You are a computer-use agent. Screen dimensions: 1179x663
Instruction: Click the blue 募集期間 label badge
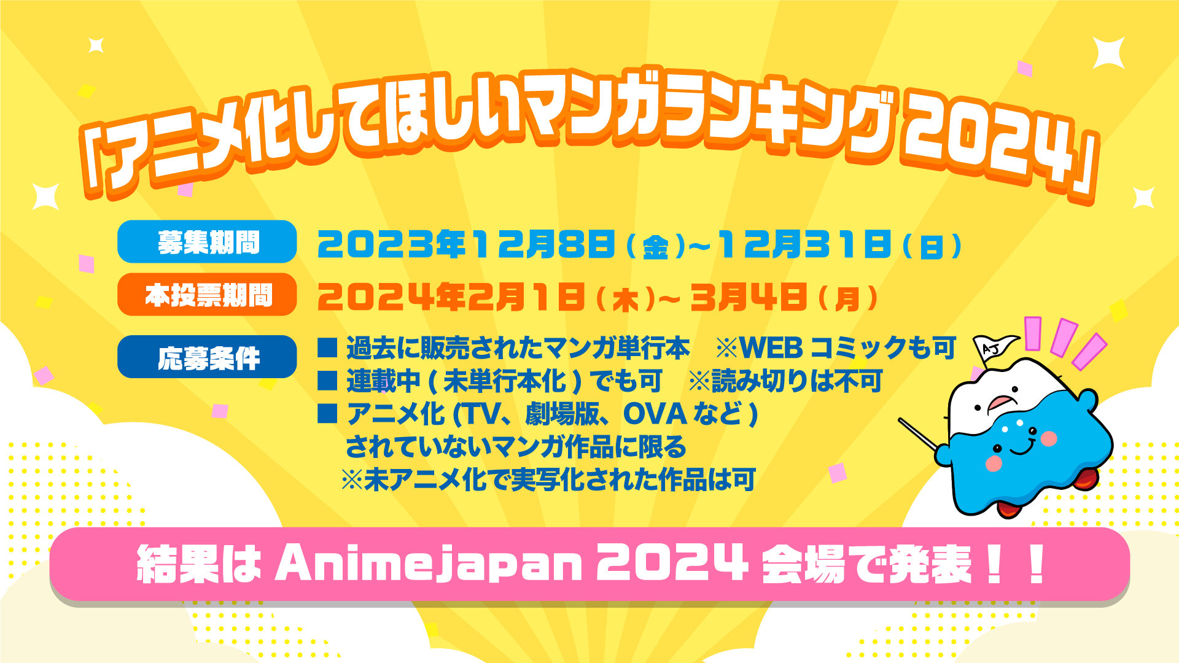pos(207,242)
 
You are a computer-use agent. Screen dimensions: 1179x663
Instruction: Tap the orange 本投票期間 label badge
pos(207,295)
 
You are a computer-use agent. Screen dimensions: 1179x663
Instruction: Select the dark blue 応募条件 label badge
pos(207,357)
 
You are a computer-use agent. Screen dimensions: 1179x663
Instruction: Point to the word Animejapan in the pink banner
pos(428,565)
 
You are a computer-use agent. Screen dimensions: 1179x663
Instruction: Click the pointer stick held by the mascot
pos(919,433)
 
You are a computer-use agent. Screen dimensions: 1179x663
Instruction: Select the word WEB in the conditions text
pos(771,348)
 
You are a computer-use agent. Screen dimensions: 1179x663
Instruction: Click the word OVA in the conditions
pos(655,414)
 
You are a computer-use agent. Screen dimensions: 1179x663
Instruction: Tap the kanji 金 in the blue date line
pos(655,248)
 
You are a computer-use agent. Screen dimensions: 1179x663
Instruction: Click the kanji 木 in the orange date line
pos(627,300)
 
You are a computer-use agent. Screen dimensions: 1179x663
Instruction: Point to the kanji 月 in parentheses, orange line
pos(847,300)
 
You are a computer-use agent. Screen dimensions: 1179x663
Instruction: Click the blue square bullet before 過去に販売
pos(327,348)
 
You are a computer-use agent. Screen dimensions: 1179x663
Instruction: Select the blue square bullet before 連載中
pos(327,381)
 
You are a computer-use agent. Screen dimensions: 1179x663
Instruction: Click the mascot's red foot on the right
pos(1085,478)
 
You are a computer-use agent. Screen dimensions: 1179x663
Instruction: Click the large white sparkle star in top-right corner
pos(1108,52)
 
